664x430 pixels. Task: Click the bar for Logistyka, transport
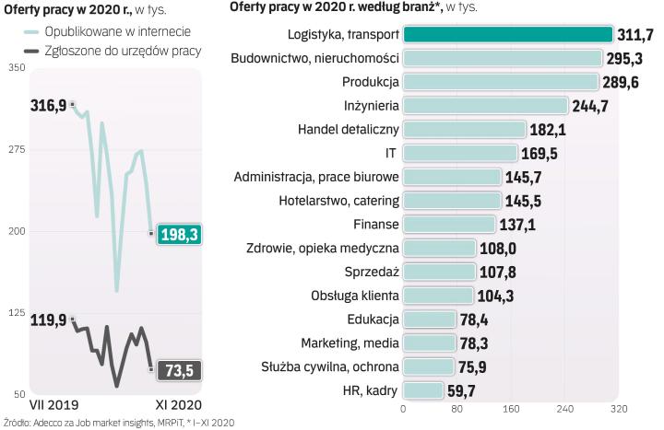click(x=508, y=35)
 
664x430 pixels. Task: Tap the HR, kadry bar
click(x=423, y=390)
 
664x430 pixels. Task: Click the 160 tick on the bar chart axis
click(x=511, y=409)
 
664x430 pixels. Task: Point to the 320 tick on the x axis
click(x=618, y=409)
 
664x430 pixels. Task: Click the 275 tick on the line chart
click(x=18, y=150)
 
